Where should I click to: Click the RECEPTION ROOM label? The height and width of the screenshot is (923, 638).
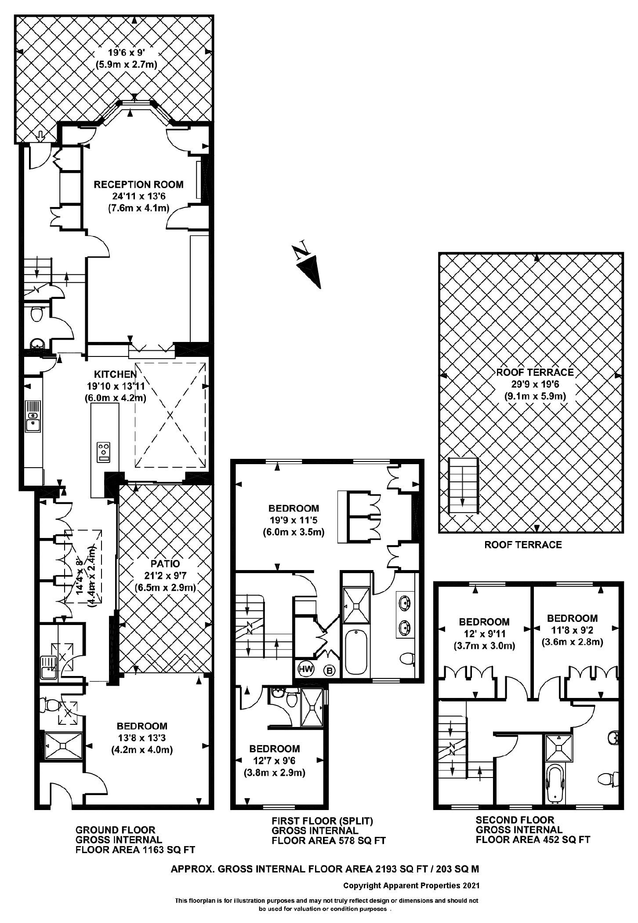[138, 185]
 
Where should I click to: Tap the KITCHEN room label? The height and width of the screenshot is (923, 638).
[116, 374]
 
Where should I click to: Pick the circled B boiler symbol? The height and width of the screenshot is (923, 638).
[330, 670]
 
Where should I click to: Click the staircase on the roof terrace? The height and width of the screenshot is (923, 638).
[463, 485]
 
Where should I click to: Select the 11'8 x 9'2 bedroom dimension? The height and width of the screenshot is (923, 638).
[572, 630]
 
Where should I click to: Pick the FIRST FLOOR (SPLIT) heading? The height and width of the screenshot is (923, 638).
[322, 821]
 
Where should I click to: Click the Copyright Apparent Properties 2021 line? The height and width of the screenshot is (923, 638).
[411, 885]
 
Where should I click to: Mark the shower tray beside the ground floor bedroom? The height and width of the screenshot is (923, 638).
[63, 745]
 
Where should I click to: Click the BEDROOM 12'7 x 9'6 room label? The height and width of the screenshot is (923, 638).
[275, 749]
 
